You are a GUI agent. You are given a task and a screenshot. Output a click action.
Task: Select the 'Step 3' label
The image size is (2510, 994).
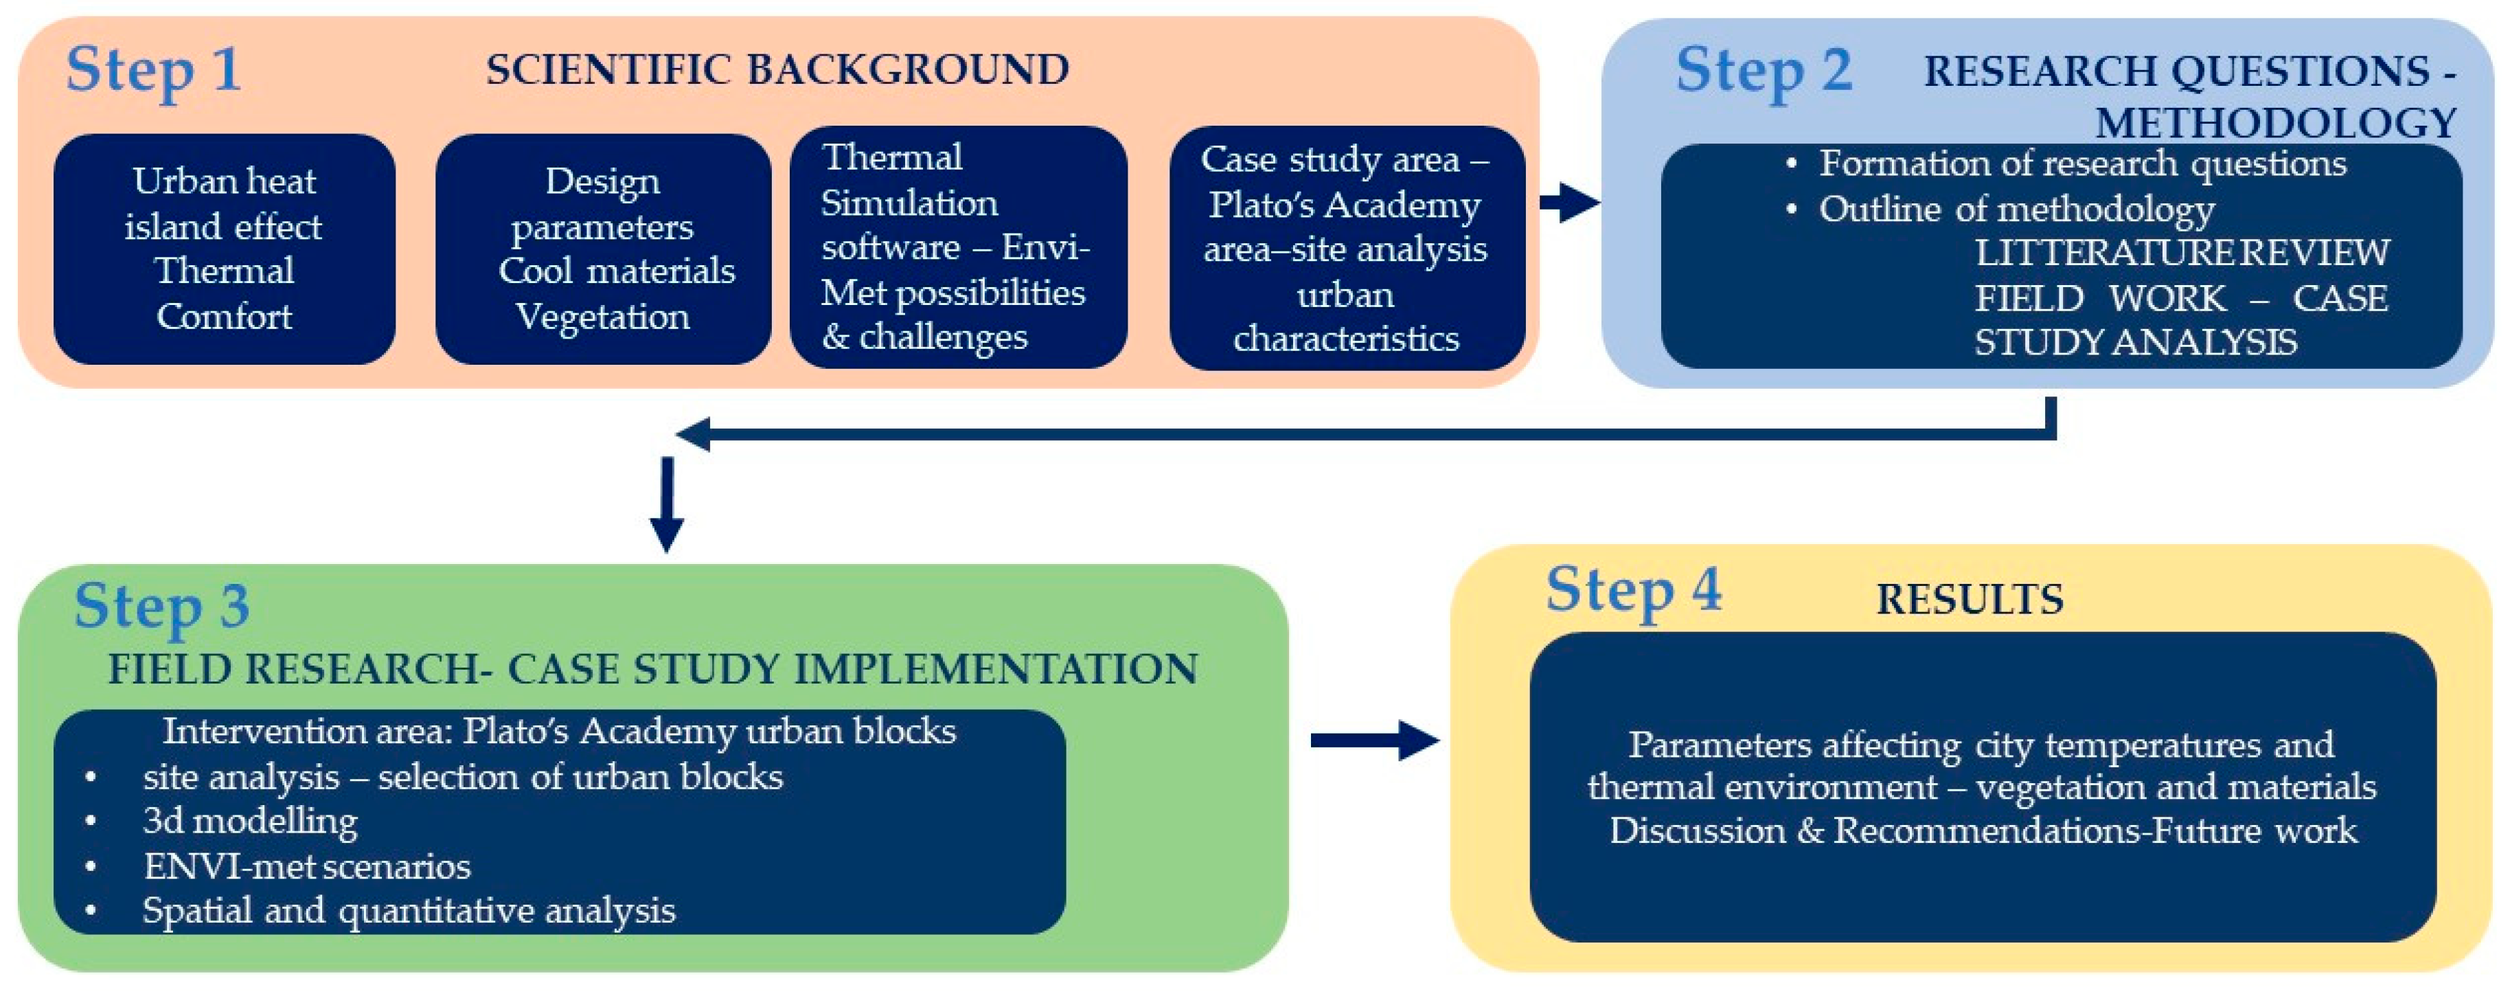tap(162, 606)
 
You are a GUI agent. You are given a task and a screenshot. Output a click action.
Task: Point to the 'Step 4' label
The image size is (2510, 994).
tap(1633, 591)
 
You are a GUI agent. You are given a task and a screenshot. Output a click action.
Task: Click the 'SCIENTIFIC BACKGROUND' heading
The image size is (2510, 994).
tap(777, 70)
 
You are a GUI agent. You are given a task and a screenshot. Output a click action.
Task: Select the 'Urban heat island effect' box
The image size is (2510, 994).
tap(224, 249)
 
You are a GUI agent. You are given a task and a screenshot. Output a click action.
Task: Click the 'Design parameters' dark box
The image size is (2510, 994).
tap(603, 249)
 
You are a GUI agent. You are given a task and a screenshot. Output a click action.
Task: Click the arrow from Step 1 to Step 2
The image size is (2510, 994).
tap(1568, 203)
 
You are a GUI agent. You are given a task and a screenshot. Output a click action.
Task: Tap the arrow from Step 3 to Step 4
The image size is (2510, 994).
tap(1374, 741)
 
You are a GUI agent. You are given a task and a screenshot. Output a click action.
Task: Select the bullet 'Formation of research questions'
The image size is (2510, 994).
tap(2082, 163)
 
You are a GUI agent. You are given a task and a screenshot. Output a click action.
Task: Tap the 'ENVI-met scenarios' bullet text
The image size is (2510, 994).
tap(307, 866)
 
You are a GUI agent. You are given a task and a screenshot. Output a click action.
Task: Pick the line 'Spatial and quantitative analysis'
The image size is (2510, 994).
tap(409, 911)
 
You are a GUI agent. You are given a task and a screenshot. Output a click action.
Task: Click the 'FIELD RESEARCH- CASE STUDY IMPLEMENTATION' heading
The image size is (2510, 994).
tap(653, 670)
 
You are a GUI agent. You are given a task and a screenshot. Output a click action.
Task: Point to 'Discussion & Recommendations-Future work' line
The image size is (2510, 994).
tap(1983, 831)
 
